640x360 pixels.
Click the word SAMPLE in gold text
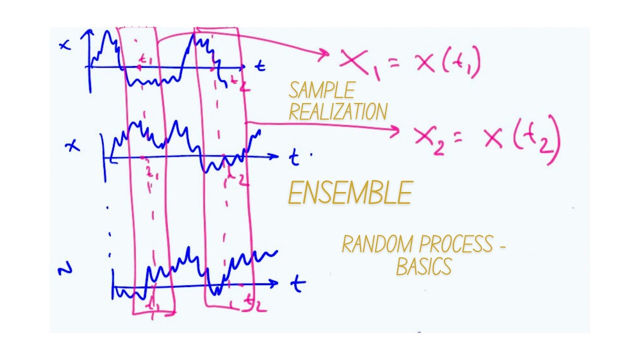point(321,90)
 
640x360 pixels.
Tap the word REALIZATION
point(338,111)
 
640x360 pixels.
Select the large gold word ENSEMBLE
point(350,193)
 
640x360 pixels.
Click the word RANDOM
point(378,244)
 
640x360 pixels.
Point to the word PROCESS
point(456,244)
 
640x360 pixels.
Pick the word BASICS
point(424,266)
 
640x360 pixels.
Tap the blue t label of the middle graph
point(294,158)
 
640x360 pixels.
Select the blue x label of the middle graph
point(73,146)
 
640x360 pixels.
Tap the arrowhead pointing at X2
point(395,131)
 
